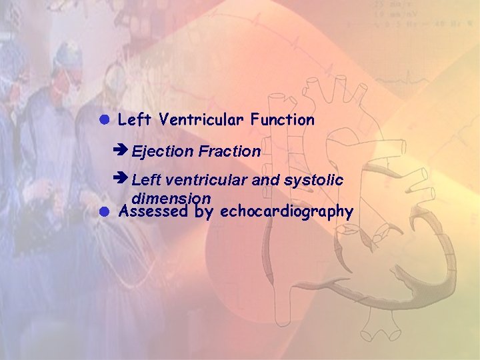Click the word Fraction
pyautogui.click(x=229, y=152)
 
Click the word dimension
pyautogui.click(x=171, y=199)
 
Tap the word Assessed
pyautogui.click(x=151, y=212)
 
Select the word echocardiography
pyautogui.click(x=286, y=212)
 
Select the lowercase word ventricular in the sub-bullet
pyautogui.click(x=207, y=181)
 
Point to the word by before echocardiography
pyautogui.click(x=204, y=213)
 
